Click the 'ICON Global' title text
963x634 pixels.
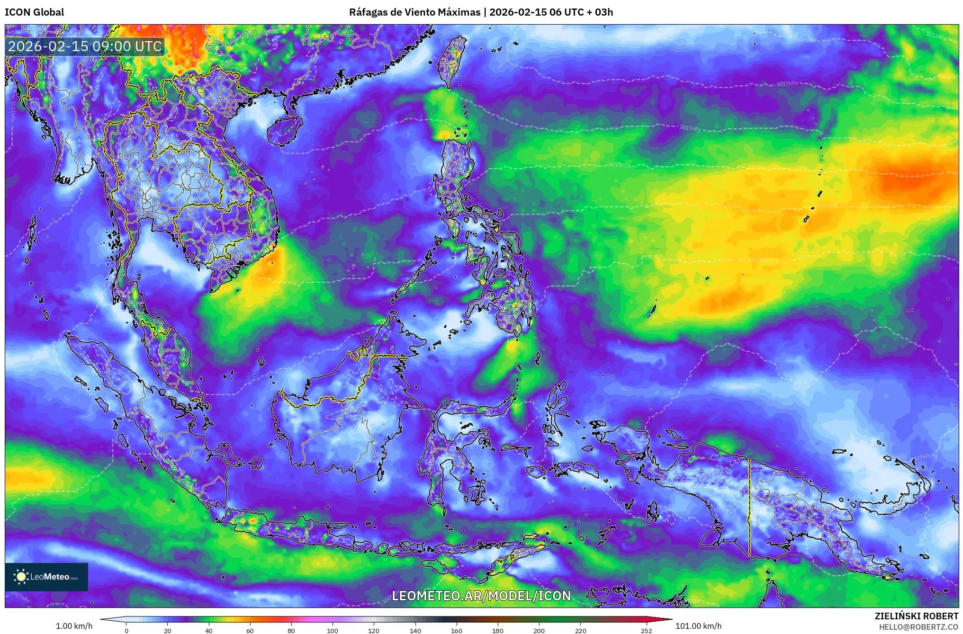[x=34, y=12]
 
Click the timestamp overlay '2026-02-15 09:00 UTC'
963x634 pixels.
[x=85, y=46]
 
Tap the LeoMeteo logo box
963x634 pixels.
[x=46, y=577]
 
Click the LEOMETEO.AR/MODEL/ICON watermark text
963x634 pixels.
[x=481, y=596]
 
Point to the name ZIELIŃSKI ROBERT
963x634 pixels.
[x=916, y=616]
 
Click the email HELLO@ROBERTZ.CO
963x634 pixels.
[x=918, y=627]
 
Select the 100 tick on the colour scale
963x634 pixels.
[x=333, y=630]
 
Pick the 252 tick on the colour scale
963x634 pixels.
[x=646, y=630]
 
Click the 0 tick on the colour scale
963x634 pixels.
[x=126, y=630]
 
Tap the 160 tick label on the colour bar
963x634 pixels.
[x=457, y=630]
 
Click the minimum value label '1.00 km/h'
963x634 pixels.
[x=74, y=626]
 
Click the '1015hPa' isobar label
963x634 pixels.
[x=690, y=128]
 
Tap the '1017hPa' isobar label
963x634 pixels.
[x=787, y=84]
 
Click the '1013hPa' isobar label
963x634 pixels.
[x=620, y=165]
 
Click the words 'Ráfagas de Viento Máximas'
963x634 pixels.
[x=414, y=12]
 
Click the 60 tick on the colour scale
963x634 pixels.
[x=250, y=630]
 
